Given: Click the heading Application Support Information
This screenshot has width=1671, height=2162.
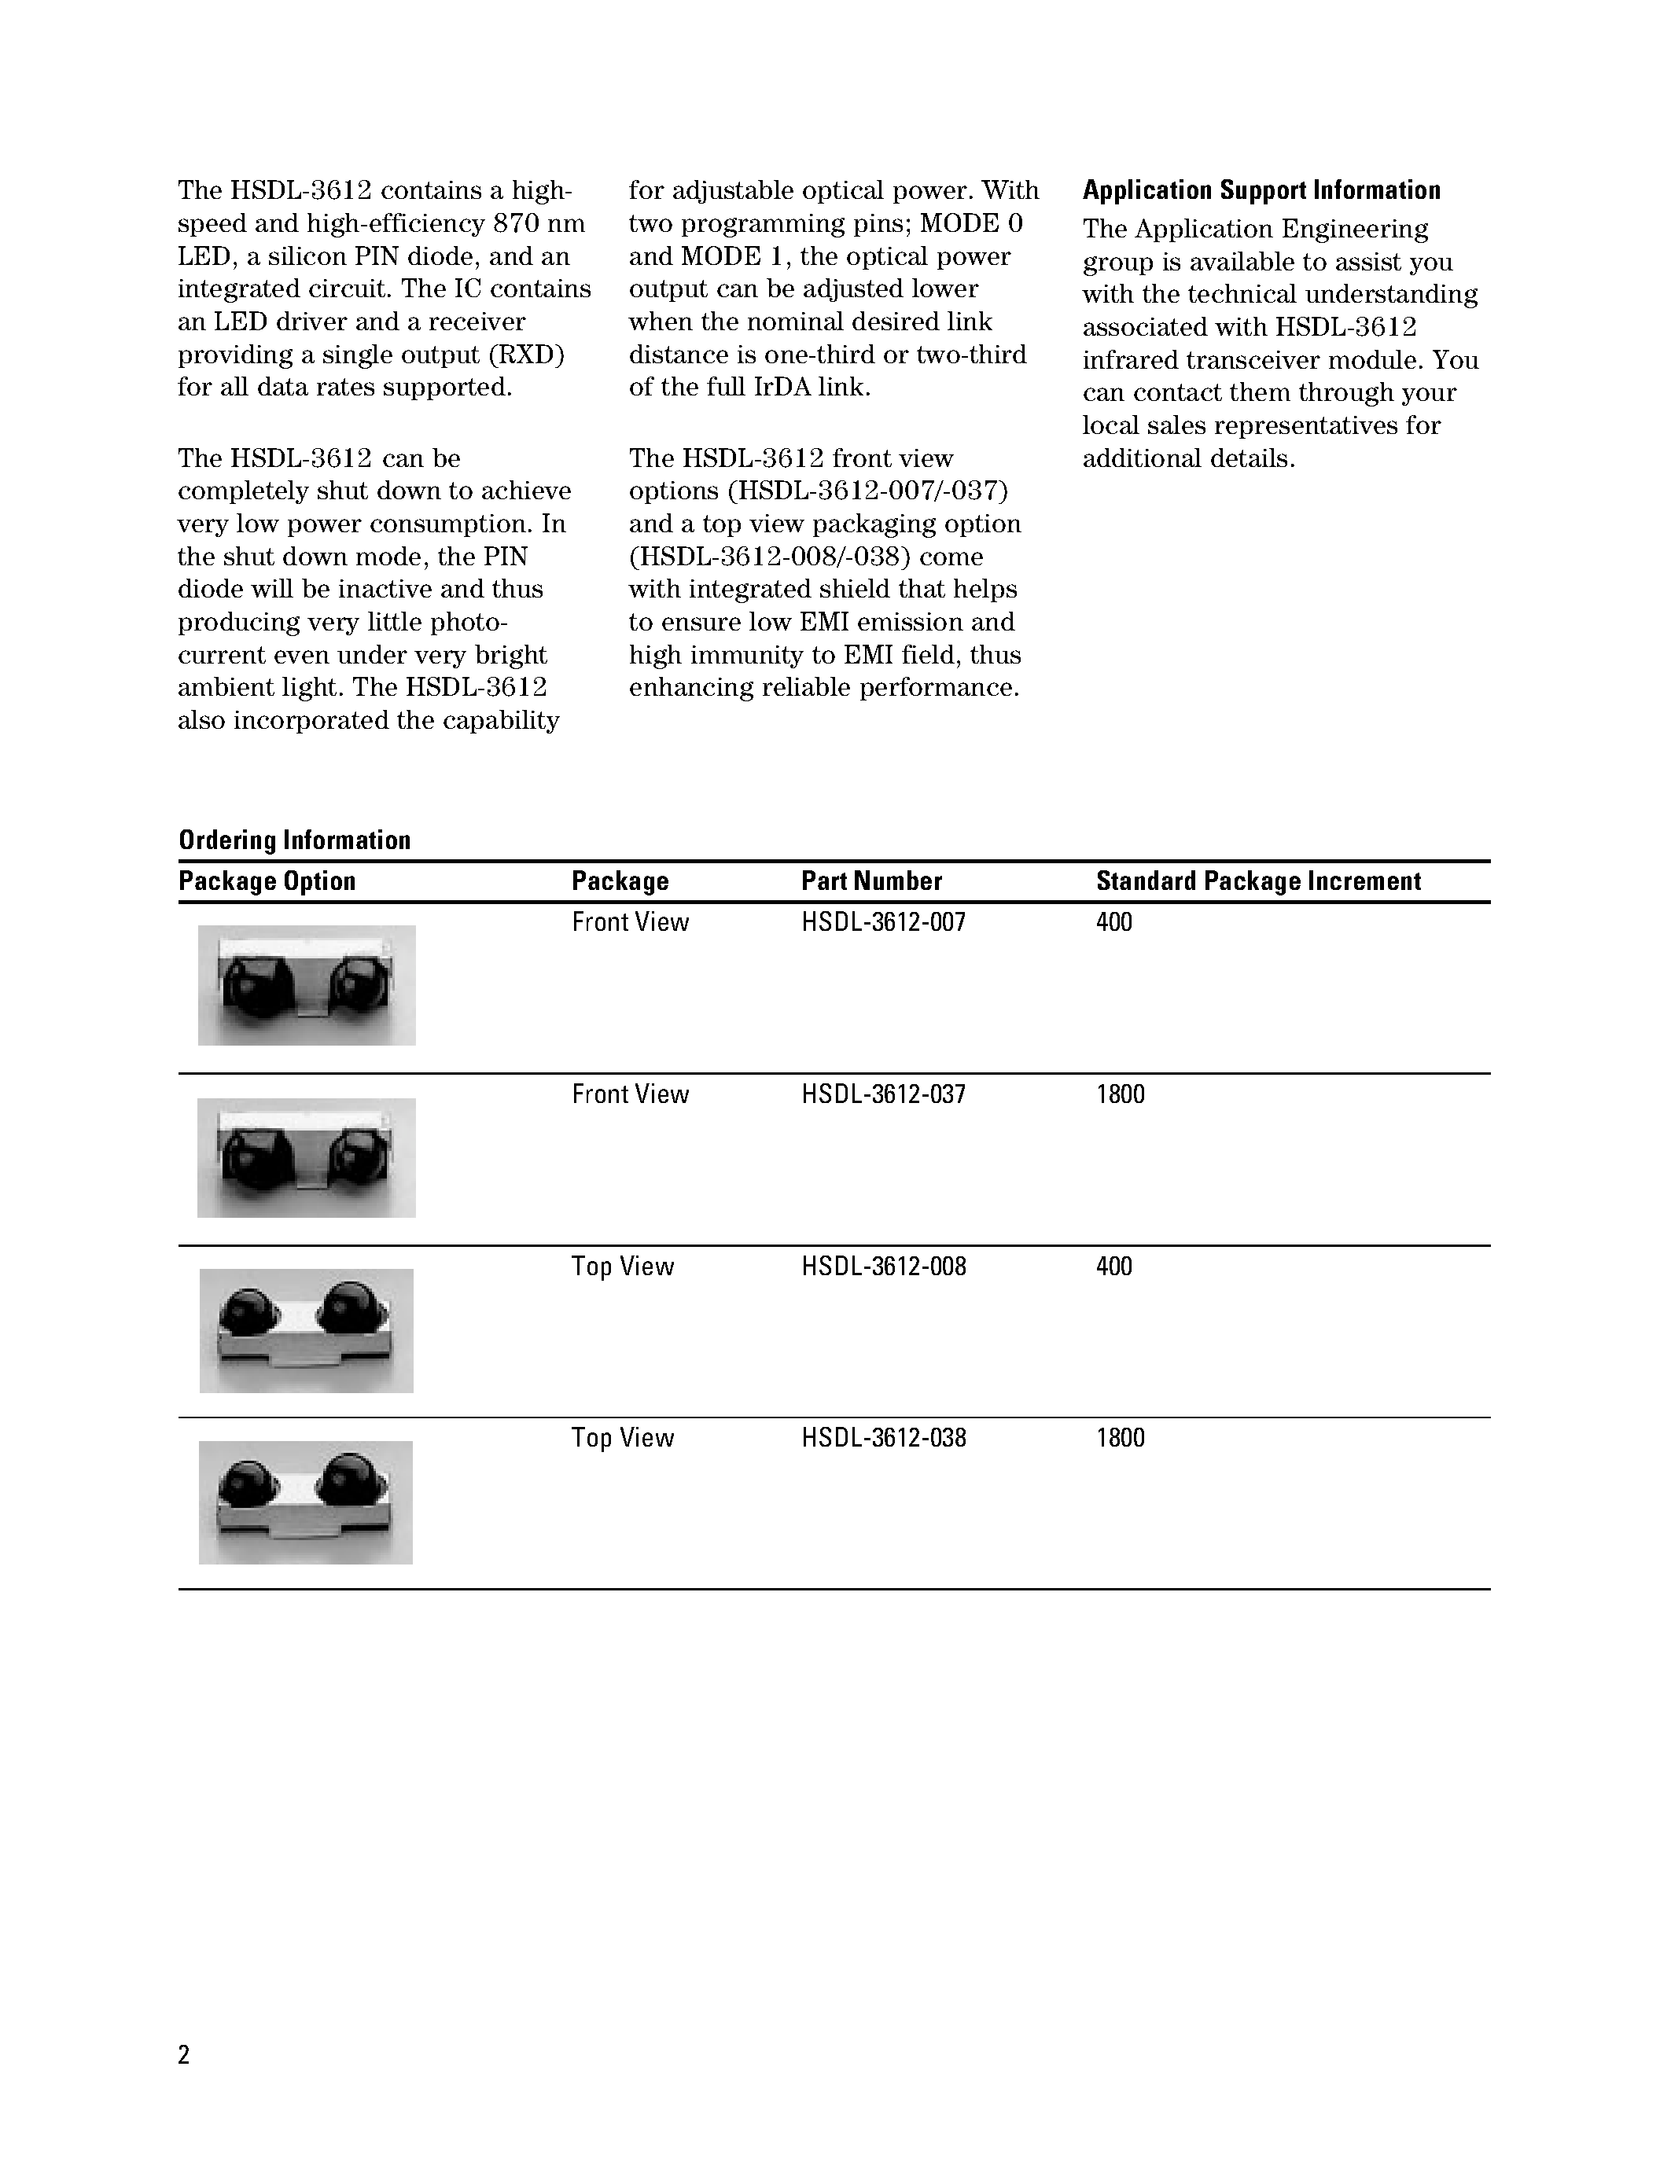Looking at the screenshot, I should [x=1261, y=190].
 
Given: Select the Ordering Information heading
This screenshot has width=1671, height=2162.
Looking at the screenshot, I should [x=294, y=840].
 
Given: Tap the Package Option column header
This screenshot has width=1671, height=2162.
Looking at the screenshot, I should [x=267, y=881].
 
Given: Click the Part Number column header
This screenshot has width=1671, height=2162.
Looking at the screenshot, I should [x=871, y=881].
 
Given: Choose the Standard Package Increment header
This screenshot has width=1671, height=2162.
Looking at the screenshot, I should [x=1258, y=881].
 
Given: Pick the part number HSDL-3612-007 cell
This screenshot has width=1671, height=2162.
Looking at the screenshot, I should [x=883, y=923].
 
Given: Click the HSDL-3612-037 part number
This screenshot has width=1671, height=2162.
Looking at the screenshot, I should [x=883, y=1095].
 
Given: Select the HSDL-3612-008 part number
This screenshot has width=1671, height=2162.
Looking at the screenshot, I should [x=883, y=1267].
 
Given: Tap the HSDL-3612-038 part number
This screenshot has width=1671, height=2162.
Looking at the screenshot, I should [x=883, y=1439].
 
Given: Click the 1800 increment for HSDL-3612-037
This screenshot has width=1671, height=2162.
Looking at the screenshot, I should [x=1120, y=1095].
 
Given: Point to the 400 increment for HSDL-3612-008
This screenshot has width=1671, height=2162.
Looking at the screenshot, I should [x=1113, y=1267].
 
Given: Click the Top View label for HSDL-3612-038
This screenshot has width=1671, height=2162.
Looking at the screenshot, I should [x=622, y=1439].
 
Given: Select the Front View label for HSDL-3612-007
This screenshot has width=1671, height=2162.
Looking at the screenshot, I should [x=630, y=923].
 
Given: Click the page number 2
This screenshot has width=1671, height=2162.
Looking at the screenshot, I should [x=183, y=2055].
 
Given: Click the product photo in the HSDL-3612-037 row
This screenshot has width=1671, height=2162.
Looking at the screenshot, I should [x=306, y=1157].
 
